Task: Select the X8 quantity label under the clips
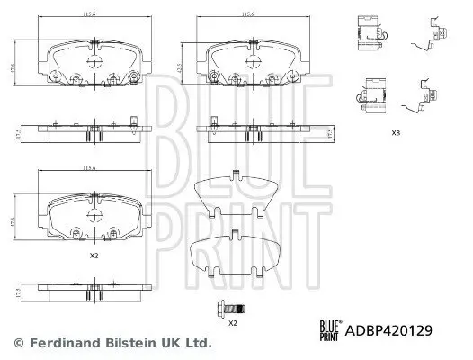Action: coord(397,133)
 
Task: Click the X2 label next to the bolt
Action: coord(232,322)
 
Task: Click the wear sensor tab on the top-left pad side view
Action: coord(132,121)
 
